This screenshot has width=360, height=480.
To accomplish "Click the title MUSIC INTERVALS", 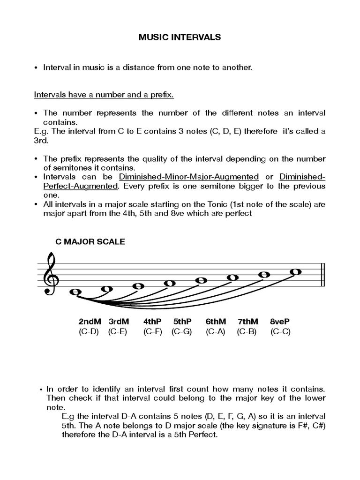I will click(180, 38).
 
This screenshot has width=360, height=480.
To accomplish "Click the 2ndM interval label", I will click(90, 322).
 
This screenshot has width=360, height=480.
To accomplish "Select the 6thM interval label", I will click(216, 322).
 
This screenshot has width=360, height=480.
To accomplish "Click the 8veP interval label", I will click(280, 322).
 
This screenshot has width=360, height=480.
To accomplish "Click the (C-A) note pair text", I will click(216, 332).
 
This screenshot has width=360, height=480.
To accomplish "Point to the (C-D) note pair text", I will click(89, 332).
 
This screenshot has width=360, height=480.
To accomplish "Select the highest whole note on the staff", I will click(295, 271).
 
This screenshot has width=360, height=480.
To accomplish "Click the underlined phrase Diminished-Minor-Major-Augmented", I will click(189, 177).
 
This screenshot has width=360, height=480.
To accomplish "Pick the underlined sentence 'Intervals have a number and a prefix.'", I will click(104, 95).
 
